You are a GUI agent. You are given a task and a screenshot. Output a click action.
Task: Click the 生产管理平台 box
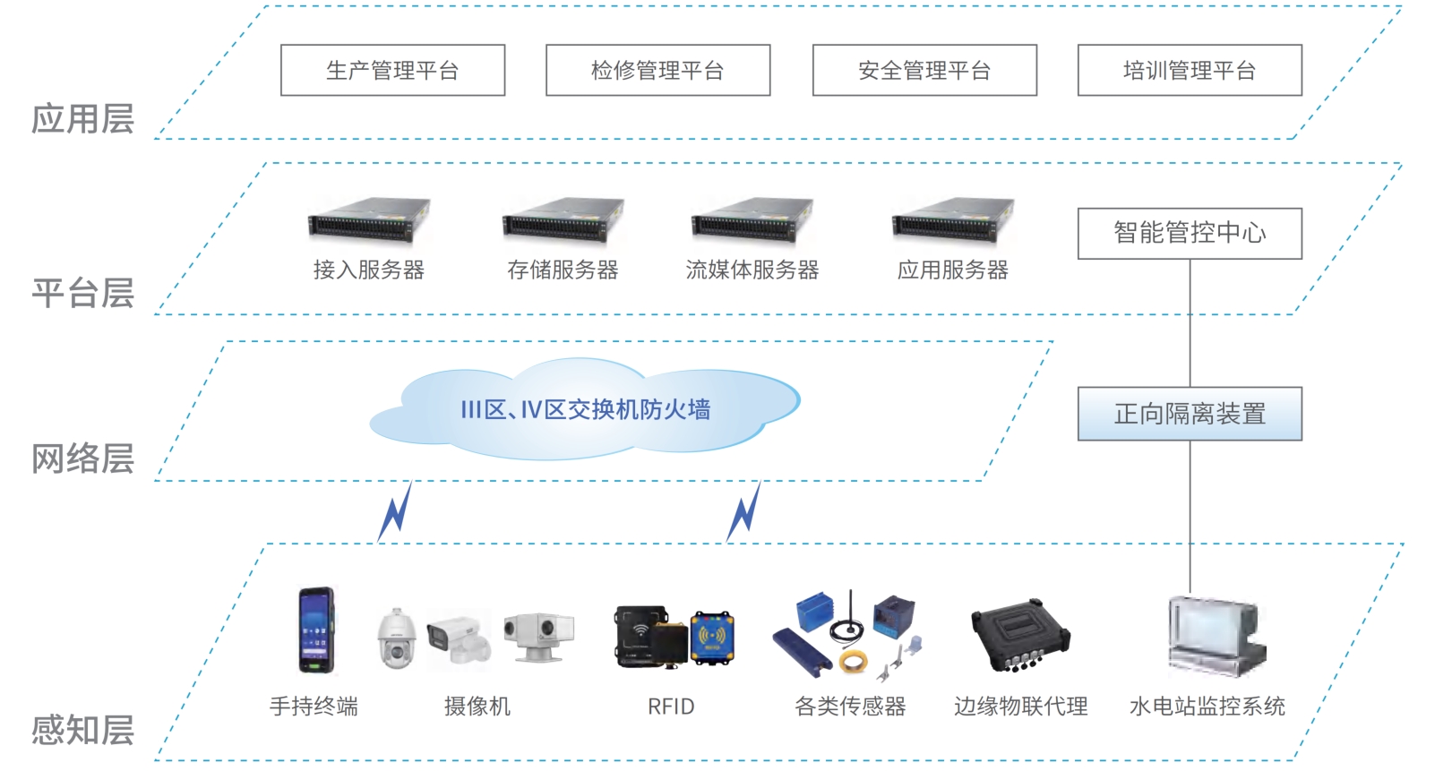[392, 70]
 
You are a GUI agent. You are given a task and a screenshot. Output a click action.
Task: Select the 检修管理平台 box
[657, 70]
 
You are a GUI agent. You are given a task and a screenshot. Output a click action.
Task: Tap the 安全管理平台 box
[924, 70]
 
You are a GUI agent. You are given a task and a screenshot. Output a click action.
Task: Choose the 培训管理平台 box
[1190, 70]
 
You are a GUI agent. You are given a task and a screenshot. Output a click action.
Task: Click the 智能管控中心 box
[1190, 234]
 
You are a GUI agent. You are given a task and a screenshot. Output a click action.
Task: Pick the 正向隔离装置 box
[1190, 414]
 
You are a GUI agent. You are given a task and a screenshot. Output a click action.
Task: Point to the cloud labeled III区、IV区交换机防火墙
[585, 410]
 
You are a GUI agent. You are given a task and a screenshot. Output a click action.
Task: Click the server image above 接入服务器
[369, 220]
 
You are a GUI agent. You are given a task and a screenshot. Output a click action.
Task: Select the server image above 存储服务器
[563, 220]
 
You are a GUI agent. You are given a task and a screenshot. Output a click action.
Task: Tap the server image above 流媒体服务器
[752, 220]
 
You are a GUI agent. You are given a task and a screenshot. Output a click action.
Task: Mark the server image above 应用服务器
[953, 220]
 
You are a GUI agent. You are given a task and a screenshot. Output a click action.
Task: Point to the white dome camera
[395, 638]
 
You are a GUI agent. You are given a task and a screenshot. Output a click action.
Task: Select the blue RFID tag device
[712, 638]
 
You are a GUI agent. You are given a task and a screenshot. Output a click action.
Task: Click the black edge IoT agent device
[1020, 637]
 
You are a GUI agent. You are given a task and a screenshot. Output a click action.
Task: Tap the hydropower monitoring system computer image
[1214, 637]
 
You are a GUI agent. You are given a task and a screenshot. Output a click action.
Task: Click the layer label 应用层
[82, 119]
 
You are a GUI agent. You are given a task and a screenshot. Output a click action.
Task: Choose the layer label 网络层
[82, 458]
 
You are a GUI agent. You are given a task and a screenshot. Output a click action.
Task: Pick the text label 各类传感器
[850, 707]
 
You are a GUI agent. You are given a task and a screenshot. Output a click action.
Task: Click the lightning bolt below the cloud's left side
[395, 511]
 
